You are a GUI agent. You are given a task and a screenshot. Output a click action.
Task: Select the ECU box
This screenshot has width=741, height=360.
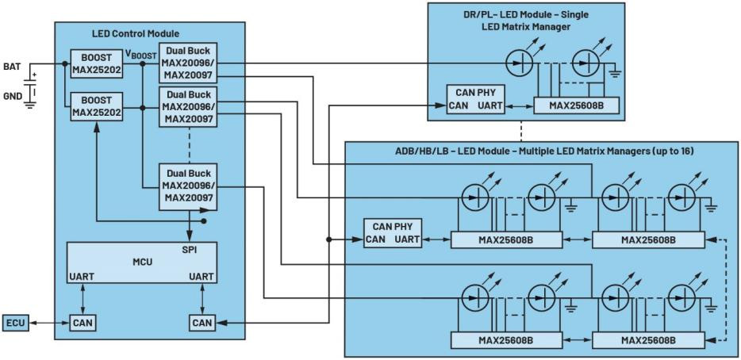tap(16, 323)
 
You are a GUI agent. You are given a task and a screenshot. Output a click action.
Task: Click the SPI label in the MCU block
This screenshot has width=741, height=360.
tap(189, 248)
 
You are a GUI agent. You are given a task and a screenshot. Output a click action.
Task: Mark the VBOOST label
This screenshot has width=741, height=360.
tap(141, 54)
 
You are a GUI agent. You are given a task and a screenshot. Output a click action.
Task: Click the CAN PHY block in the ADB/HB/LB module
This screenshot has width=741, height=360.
tap(392, 232)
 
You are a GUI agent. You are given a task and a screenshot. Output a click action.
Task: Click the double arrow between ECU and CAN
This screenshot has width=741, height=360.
tap(50, 323)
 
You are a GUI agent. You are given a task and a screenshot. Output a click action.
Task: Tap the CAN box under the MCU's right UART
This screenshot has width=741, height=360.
tap(202, 323)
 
